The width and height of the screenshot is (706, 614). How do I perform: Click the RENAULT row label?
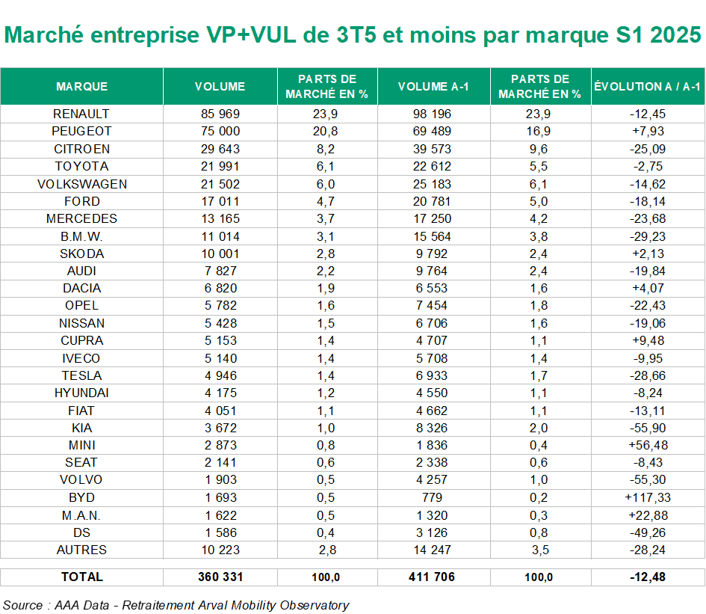[81, 114]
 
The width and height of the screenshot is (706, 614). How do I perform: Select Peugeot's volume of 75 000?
[220, 132]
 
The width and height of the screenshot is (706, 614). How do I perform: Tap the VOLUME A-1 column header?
[433, 87]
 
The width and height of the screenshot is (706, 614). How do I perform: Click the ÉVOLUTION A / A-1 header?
[647, 87]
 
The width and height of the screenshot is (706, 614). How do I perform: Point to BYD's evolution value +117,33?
[647, 497]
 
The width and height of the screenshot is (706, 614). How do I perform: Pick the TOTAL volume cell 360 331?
[220, 577]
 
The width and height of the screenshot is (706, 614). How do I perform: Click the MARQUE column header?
[81, 87]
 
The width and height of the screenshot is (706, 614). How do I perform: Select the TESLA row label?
[81, 375]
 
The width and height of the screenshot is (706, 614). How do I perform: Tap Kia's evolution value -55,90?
[647, 428]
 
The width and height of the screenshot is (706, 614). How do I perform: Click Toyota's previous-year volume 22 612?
[433, 166]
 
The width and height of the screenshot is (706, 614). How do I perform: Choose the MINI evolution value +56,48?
[647, 445]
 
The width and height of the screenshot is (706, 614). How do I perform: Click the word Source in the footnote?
[21, 605]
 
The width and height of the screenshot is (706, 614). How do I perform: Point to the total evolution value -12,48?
[647, 577]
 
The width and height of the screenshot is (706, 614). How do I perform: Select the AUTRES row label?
[81, 550]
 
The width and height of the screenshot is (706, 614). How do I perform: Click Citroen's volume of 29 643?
[220, 149]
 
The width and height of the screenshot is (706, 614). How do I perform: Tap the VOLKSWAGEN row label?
[81, 184]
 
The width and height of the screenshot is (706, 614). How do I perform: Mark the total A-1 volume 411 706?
[433, 577]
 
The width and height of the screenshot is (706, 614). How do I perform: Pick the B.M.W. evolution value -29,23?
[647, 236]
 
